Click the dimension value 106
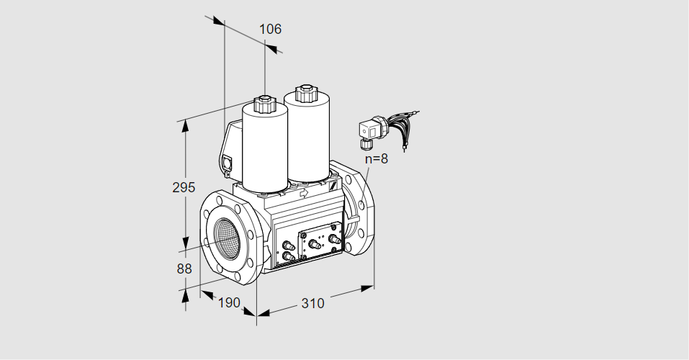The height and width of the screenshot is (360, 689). (270, 30)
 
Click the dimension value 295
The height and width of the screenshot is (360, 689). (184, 188)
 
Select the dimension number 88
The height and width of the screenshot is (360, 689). (184, 269)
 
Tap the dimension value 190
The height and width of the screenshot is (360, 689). (228, 303)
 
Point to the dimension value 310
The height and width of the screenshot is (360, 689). (312, 303)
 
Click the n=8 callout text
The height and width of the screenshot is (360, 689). (376, 159)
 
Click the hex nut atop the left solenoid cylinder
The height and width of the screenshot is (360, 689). (264, 103)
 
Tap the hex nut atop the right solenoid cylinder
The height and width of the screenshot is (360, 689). (305, 92)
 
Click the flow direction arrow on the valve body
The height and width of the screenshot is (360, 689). (303, 192)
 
